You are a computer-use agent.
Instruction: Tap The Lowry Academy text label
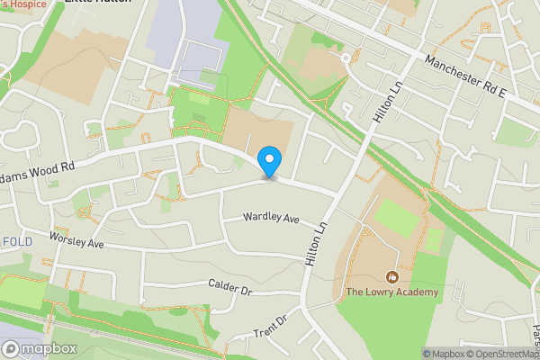[x=392, y=292]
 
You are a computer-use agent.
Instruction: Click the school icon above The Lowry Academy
[x=391, y=275]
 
